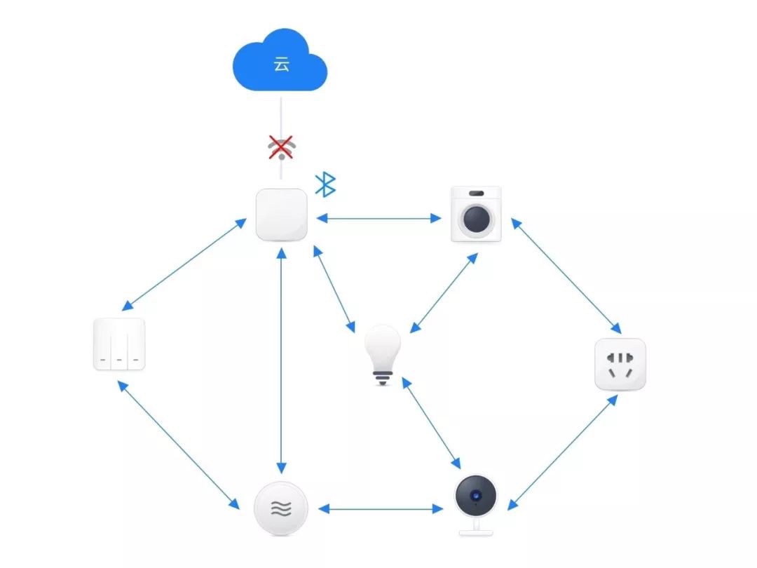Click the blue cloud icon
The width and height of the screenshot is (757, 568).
pos(280,60)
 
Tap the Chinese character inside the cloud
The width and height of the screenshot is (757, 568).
pos(281,64)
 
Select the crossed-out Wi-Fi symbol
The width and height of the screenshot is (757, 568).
pos(282,147)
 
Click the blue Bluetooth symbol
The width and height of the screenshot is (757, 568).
pos(325,184)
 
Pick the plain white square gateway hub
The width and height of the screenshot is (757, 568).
pos(282,215)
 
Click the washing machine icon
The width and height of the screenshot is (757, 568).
pos(476,214)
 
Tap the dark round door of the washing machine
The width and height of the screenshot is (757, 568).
pos(477,219)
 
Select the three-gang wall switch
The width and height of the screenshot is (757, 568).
pos(118,344)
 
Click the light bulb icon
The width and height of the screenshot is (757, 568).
pos(383,355)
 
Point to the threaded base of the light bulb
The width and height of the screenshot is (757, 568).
pos(383,378)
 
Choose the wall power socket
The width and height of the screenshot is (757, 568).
pos(620,364)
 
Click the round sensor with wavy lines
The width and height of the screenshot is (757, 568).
pos(281,508)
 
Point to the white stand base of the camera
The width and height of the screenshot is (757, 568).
pos(476,533)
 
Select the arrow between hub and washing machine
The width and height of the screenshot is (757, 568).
pos(379,218)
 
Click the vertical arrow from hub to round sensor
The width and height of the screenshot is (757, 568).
pos(282,360)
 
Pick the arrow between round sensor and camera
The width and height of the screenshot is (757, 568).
pos(381,508)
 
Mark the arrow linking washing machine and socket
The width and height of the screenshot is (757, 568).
pos(566,276)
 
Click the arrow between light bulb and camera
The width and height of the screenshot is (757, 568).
pos(431,423)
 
